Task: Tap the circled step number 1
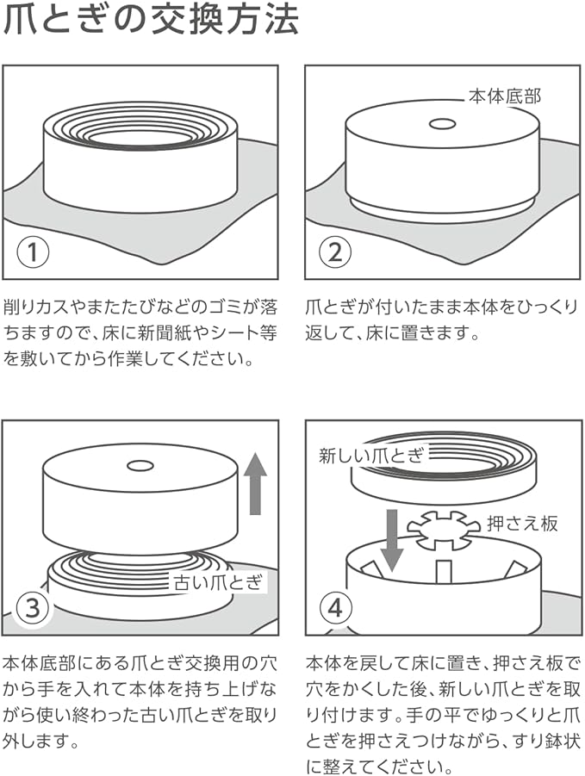click(x=34, y=253)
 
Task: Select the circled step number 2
click(x=334, y=253)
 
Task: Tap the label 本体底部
click(x=505, y=95)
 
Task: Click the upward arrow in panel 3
click(x=254, y=485)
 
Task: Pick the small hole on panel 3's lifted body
click(x=140, y=466)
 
